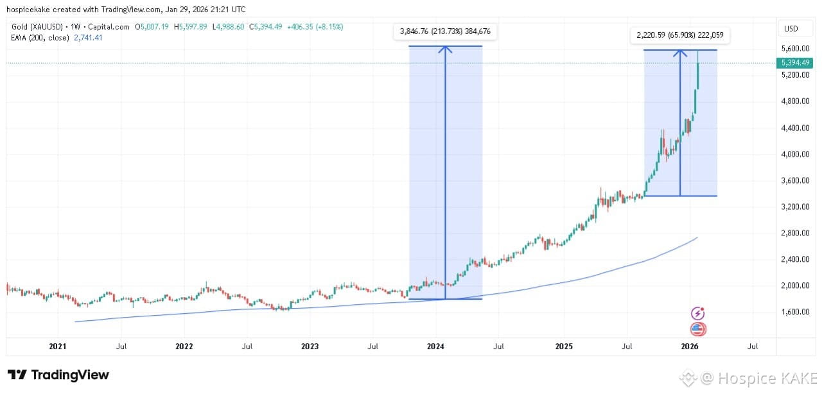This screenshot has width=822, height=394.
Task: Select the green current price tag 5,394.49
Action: (794, 63)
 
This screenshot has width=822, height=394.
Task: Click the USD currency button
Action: (791, 28)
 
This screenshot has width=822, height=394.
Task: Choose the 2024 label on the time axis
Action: (435, 347)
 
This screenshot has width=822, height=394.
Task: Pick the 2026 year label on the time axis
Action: (690, 347)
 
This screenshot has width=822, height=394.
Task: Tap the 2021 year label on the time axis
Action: (58, 347)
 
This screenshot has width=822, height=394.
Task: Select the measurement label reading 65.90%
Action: (680, 35)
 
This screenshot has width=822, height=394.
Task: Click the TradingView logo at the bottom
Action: (58, 375)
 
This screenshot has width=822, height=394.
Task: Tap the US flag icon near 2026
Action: (698, 329)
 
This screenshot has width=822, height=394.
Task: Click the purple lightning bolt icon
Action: (698, 313)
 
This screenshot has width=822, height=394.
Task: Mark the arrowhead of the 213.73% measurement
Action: (445, 49)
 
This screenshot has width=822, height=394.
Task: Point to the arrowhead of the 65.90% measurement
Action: (679, 53)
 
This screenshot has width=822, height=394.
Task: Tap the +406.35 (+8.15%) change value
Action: (315, 27)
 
